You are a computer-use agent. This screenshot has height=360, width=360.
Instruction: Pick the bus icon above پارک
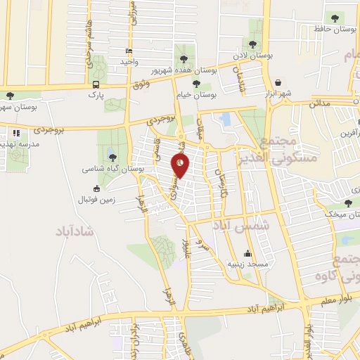[x=96, y=85]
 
